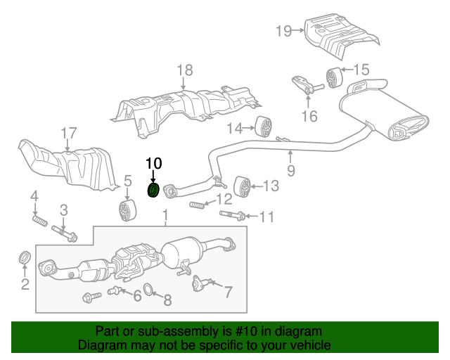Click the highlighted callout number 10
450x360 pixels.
(x=153, y=163)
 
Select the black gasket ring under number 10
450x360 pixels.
(x=153, y=190)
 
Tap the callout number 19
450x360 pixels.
(x=283, y=30)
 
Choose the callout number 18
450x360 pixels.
(x=184, y=70)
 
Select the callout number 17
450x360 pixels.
(x=67, y=133)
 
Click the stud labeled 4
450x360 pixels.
(x=39, y=222)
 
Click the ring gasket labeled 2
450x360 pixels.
(x=23, y=258)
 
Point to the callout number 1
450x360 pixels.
(x=165, y=214)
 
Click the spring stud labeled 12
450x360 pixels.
(x=198, y=205)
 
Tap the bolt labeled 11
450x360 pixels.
(x=233, y=214)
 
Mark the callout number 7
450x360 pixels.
(x=228, y=290)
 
